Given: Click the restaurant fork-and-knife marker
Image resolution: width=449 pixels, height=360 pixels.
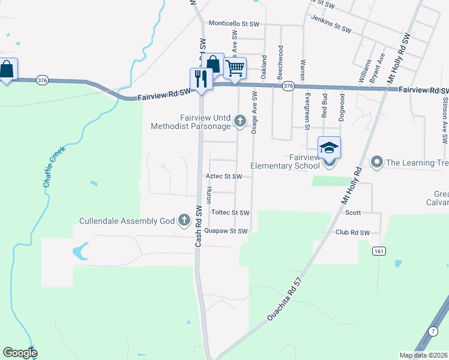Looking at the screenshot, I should tap(201, 79).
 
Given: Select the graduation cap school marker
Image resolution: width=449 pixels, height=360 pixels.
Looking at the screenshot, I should tap(329, 148).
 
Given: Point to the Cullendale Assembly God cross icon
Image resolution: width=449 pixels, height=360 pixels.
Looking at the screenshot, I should tap(184, 221).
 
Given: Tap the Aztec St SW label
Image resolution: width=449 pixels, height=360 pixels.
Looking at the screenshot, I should tap(224, 177).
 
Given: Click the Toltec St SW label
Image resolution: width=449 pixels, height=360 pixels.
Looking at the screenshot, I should tap(230, 212).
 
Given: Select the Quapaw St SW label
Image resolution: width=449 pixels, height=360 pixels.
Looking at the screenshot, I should tap(226, 231).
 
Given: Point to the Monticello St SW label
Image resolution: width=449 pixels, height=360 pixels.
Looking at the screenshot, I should tap(234, 23).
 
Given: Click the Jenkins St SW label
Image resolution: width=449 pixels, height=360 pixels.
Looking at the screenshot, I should tap(331, 28).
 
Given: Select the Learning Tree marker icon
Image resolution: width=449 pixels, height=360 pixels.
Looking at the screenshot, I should tap(377, 161).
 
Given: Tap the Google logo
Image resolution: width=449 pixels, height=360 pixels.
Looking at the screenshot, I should tap(20, 353).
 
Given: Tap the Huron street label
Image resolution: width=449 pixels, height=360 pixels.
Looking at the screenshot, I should tap(209, 194).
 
